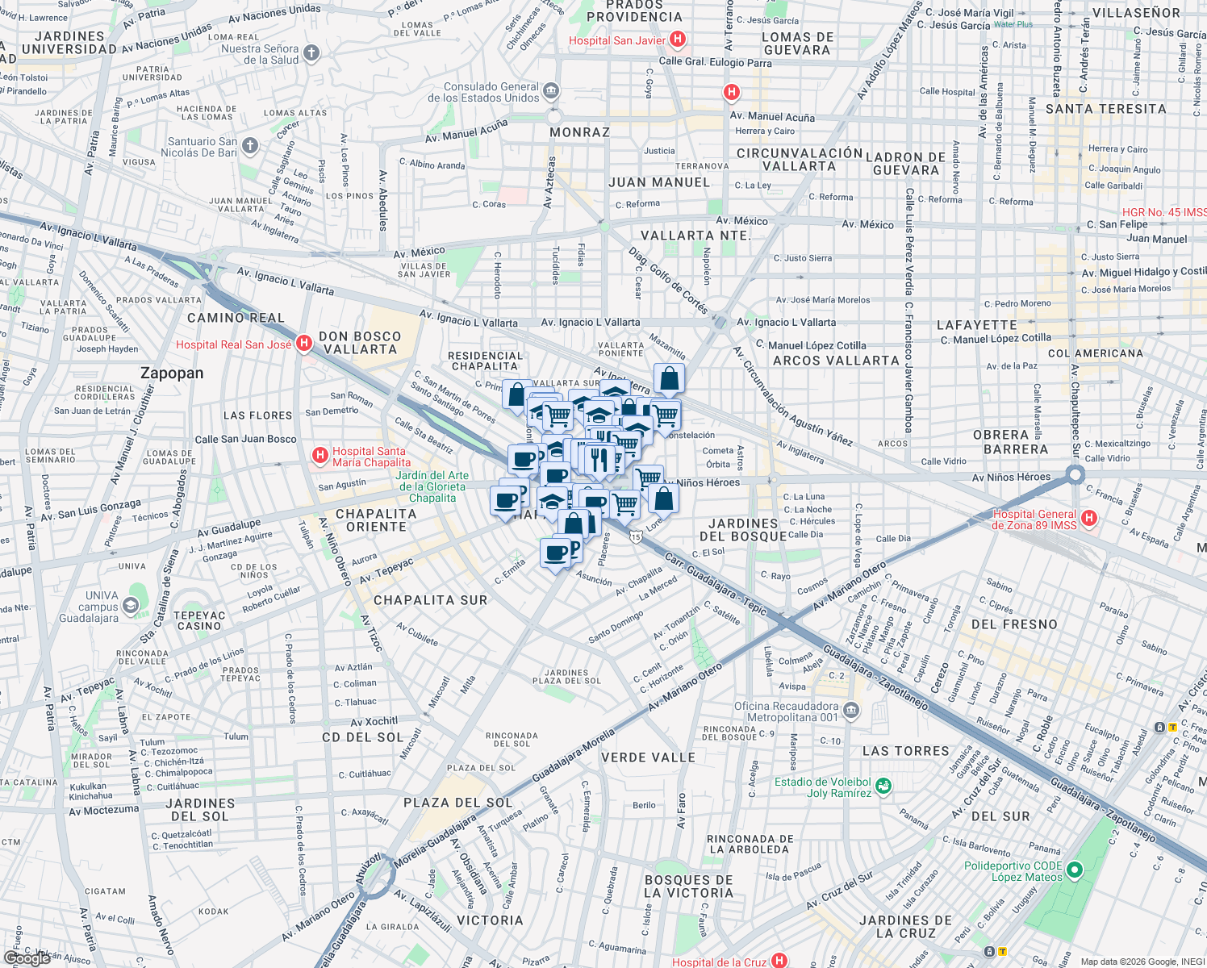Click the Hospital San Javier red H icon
pyautogui.click(x=678, y=39)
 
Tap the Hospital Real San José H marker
pyautogui.click(x=303, y=344)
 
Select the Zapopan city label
pyautogui.click(x=172, y=373)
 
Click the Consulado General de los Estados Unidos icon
pyautogui.click(x=551, y=90)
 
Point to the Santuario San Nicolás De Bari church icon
pyautogui.click(x=250, y=146)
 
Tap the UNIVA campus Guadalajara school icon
pyautogui.click(x=131, y=605)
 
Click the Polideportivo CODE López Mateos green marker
pyautogui.click(x=1074, y=870)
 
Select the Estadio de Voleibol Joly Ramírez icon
pyautogui.click(x=883, y=786)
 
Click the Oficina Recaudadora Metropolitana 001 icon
pyautogui.click(x=851, y=711)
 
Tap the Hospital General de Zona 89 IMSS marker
pyautogui.click(x=1088, y=518)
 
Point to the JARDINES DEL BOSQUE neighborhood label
pyautogui.click(x=743, y=530)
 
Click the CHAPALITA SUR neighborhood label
pyautogui.click(x=431, y=600)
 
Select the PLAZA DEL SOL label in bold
pyautogui.click(x=457, y=803)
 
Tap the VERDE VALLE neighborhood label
pyautogui.click(x=648, y=757)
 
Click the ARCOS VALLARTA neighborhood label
pyautogui.click(x=836, y=361)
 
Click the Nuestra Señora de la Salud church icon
pyautogui.click(x=311, y=53)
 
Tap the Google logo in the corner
pyautogui.click(x=27, y=958)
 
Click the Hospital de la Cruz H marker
pyautogui.click(x=779, y=961)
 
